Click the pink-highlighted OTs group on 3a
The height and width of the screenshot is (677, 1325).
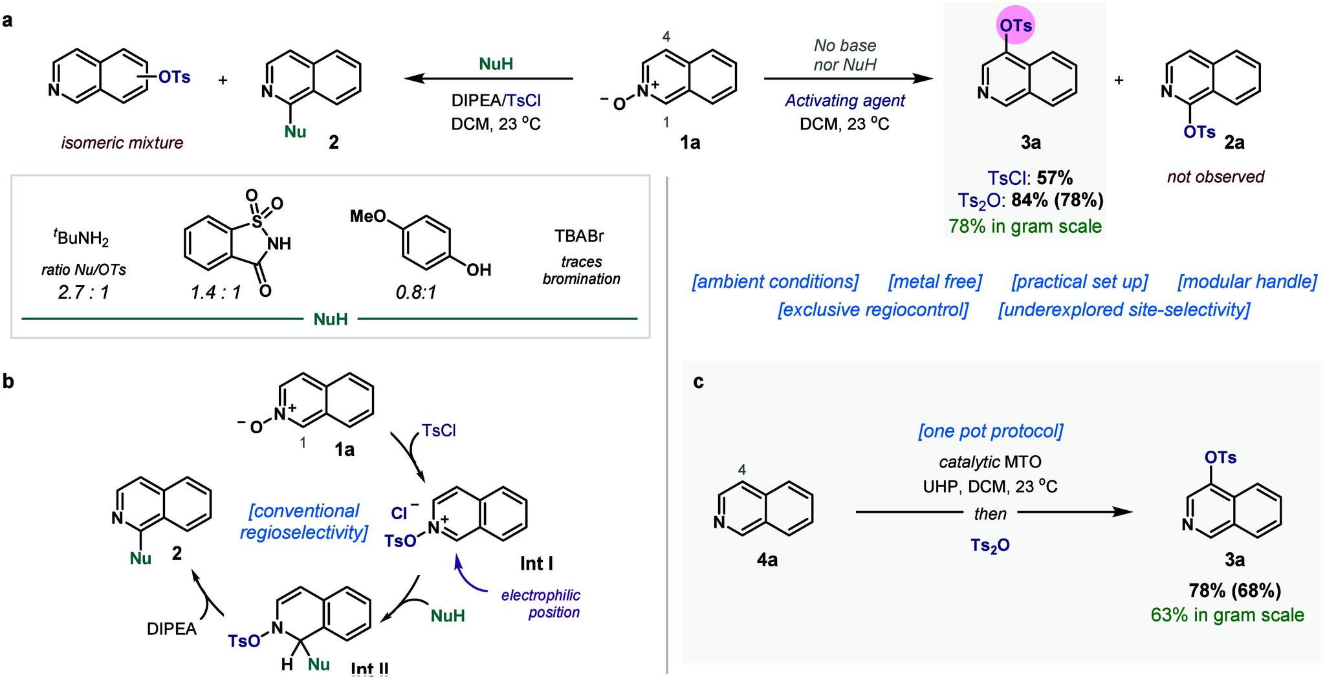click(x=1015, y=26)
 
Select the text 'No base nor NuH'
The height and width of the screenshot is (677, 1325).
click(x=844, y=55)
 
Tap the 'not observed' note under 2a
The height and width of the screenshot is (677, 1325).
click(x=1215, y=177)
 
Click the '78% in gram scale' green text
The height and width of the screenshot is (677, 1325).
click(x=1025, y=226)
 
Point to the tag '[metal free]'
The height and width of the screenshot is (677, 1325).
click(x=935, y=282)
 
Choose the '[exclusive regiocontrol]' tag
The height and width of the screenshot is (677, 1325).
click(x=873, y=310)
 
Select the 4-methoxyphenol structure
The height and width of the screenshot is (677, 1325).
click(x=421, y=245)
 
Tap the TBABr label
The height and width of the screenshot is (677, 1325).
click(x=579, y=236)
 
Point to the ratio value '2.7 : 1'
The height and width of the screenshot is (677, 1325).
click(x=83, y=292)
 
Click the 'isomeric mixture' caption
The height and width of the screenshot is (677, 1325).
click(x=122, y=142)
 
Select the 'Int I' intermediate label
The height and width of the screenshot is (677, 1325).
click(x=536, y=564)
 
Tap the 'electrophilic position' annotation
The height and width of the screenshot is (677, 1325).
click(x=541, y=603)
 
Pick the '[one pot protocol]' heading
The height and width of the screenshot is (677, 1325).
click(x=990, y=431)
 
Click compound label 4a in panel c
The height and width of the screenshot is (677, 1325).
click(x=767, y=559)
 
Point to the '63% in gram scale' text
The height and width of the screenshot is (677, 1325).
click(x=1227, y=615)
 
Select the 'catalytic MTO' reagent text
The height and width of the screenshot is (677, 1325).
click(x=990, y=462)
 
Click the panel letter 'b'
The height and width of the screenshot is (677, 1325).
click(x=8, y=381)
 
